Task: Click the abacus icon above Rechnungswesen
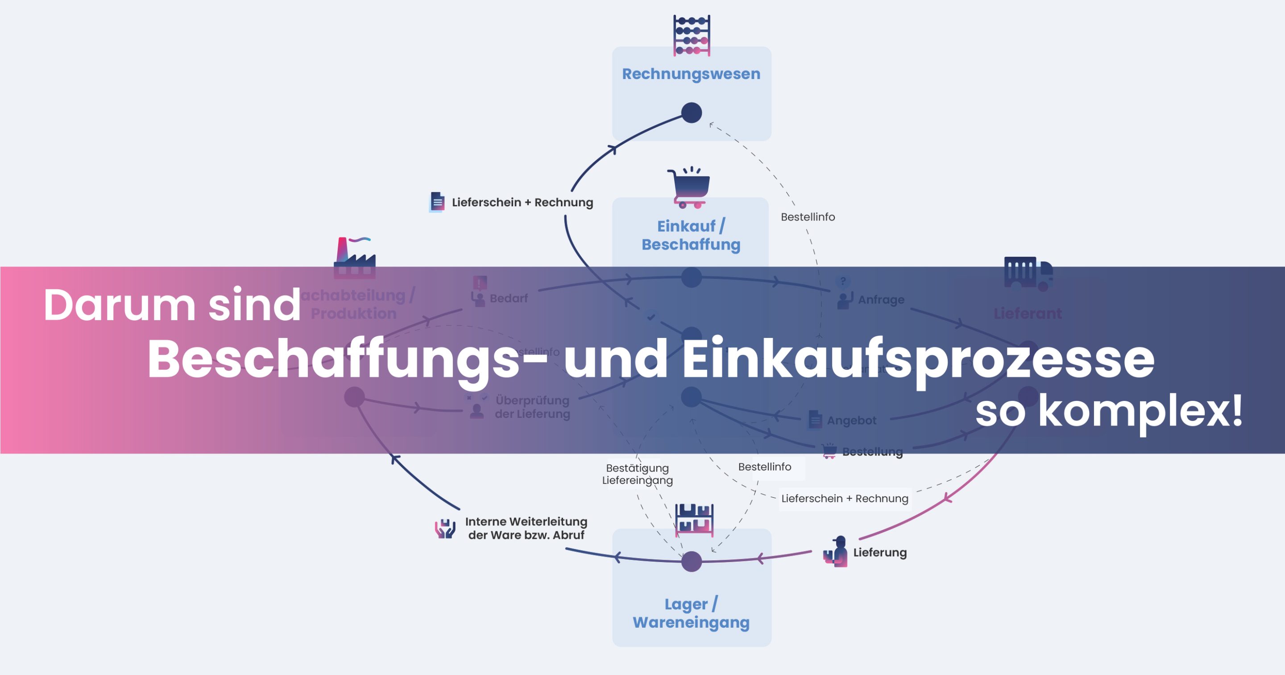[x=692, y=35]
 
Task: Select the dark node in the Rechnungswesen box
[x=692, y=112]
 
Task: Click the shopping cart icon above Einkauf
[x=689, y=187]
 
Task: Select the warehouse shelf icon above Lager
[x=694, y=520]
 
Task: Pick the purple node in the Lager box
[x=692, y=562]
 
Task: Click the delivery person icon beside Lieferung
[x=836, y=552]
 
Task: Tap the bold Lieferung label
[x=879, y=552]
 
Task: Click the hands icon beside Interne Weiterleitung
[x=445, y=529]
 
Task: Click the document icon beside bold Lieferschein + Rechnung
[x=437, y=202]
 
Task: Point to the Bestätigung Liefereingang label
[x=637, y=474]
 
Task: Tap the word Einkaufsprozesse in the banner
[x=918, y=358]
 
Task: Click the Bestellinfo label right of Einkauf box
[x=808, y=217]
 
